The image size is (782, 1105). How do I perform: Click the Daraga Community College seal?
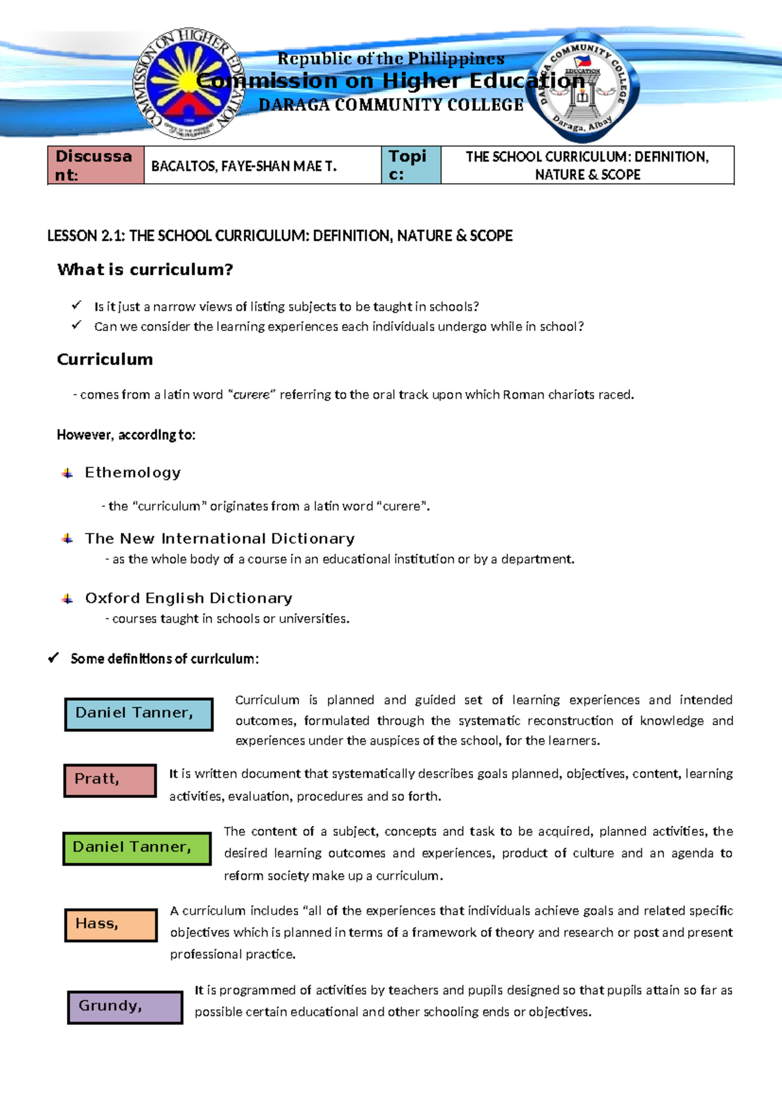tap(582, 87)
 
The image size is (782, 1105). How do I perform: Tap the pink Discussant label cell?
tap(95, 165)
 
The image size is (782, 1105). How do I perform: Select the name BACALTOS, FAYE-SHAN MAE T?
tap(244, 166)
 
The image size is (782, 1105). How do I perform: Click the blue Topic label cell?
tap(411, 165)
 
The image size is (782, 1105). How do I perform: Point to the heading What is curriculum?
tap(145, 270)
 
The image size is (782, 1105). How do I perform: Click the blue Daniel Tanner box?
tap(138, 714)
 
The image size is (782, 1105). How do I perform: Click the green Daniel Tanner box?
tap(137, 848)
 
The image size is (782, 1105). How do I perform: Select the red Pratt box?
tap(109, 780)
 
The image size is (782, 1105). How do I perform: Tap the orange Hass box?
tap(111, 925)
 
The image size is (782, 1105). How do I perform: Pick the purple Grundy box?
tap(124, 1007)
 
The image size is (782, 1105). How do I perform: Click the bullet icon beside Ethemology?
tap(67, 473)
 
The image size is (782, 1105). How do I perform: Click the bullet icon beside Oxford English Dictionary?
tap(67, 599)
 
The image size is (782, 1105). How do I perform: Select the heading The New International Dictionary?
tap(220, 539)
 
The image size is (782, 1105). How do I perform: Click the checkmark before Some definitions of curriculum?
tap(53, 659)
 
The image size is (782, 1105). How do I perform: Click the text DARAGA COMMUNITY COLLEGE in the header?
tap(391, 105)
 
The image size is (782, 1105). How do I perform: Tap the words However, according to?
tap(126, 435)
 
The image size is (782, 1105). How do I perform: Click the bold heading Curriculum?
tap(105, 360)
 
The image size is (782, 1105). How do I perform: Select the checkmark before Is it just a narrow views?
tap(76, 305)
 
